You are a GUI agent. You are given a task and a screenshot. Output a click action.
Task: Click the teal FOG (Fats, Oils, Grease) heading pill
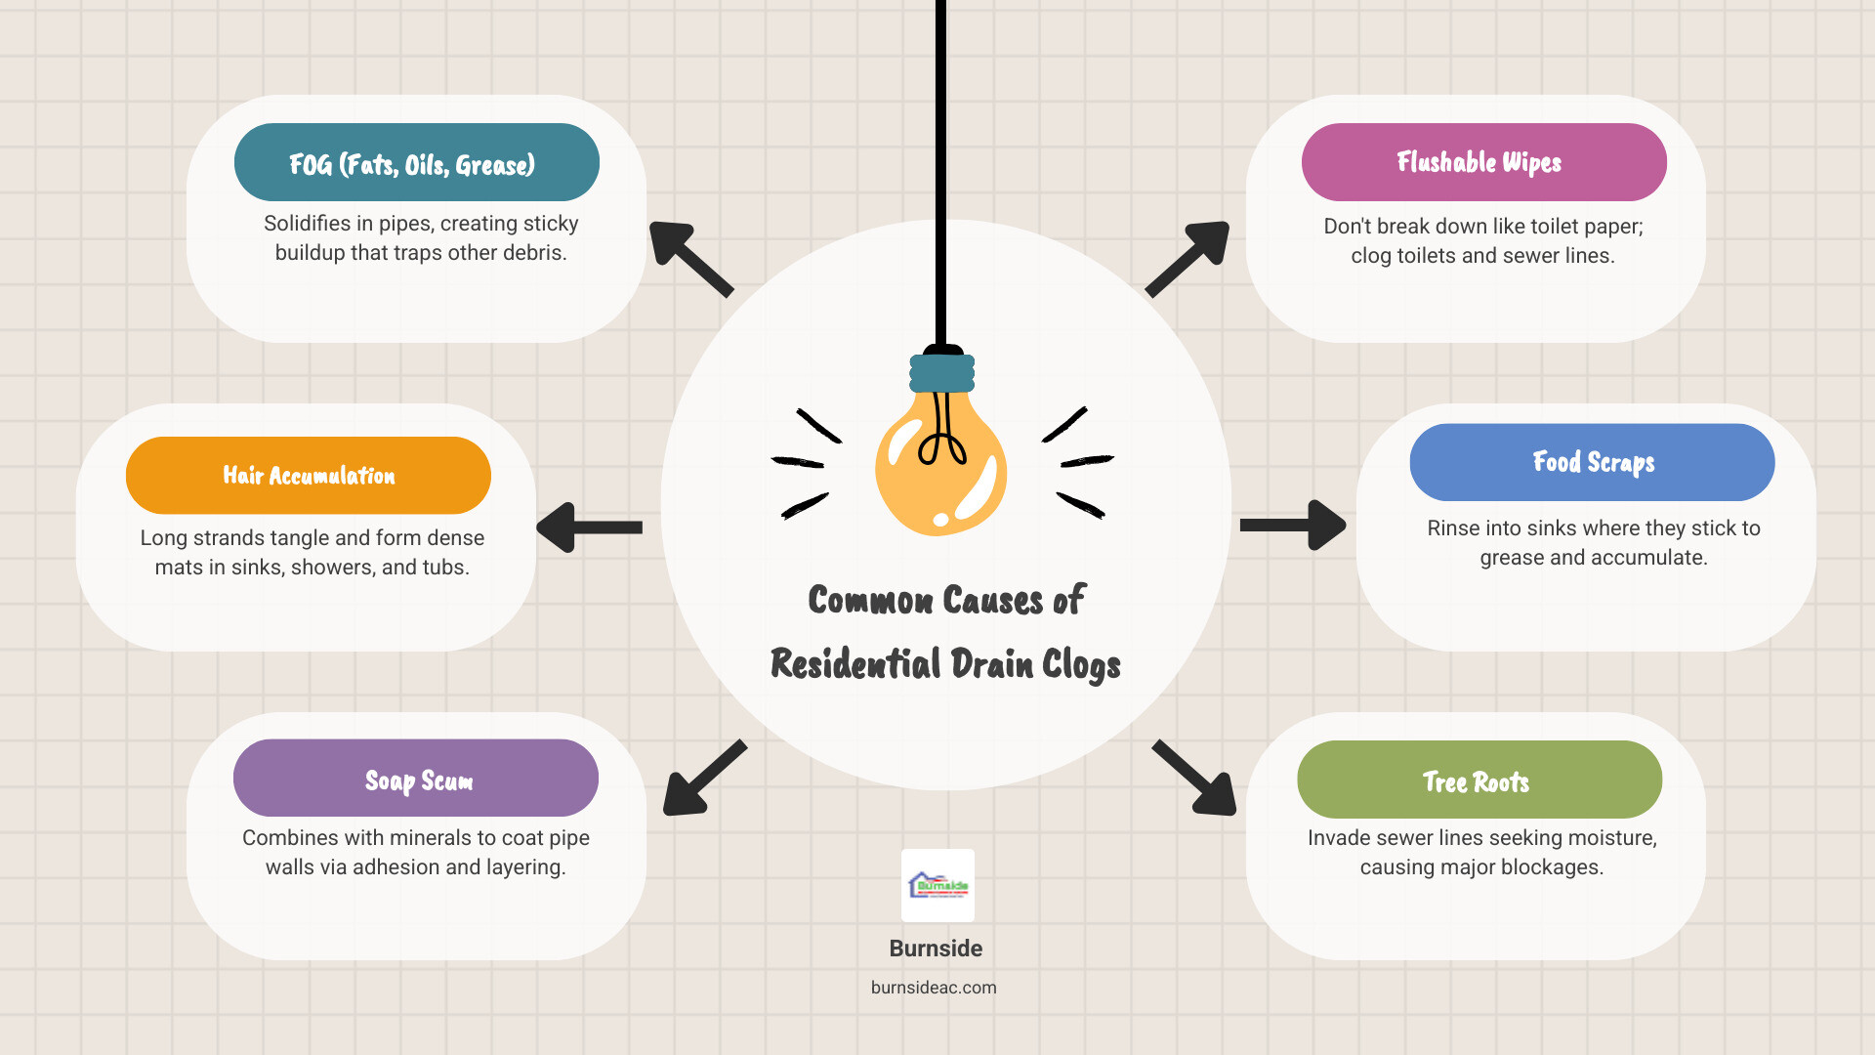click(416, 163)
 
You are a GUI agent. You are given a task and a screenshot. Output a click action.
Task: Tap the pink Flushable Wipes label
click(1482, 162)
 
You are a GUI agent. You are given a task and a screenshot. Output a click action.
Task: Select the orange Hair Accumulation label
click(308, 476)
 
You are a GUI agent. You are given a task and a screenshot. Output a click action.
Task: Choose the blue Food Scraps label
click(1592, 462)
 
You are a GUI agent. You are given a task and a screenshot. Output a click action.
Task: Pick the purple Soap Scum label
click(416, 779)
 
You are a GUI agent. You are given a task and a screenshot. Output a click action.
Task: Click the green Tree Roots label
click(1479, 781)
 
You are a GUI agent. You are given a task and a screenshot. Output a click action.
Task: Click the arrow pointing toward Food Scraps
click(1293, 526)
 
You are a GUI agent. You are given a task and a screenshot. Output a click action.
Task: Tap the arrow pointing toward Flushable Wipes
click(1187, 258)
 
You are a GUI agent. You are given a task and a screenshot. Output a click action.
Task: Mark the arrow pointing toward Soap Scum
click(703, 779)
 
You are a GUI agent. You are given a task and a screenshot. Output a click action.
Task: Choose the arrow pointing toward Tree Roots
click(1195, 779)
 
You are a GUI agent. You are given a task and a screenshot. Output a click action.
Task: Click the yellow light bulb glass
click(939, 469)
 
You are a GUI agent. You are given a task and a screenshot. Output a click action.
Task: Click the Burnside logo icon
click(937, 885)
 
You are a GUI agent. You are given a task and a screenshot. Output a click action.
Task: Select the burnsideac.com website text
click(934, 988)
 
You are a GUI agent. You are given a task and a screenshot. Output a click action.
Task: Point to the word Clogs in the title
click(1080, 666)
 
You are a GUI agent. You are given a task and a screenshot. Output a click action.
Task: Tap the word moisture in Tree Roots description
click(1613, 838)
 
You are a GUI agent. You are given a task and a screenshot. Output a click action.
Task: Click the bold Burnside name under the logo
click(936, 949)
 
